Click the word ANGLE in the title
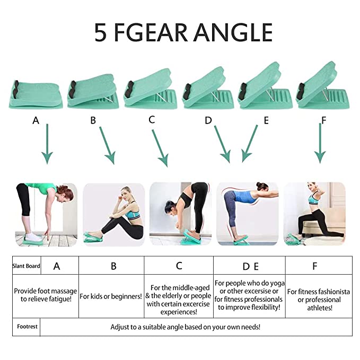[233, 32]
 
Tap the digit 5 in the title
[101, 32]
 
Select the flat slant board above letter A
[36, 94]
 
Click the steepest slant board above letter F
[323, 86]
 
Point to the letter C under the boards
[152, 120]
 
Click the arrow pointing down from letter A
[47, 144]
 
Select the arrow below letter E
[250, 144]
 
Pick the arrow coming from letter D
[222, 144]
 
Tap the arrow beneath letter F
[320, 144]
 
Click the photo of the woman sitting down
[114, 214]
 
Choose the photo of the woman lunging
[314, 214]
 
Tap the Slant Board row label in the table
[27, 266]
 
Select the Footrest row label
[27, 327]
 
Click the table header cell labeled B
[111, 266]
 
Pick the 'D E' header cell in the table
[249, 266]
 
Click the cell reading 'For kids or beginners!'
[111, 296]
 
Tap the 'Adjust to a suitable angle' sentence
[185, 327]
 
